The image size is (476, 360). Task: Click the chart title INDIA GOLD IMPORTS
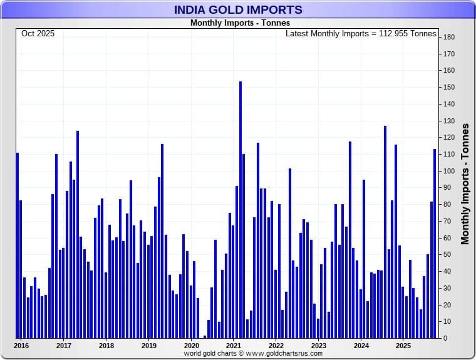click(x=237, y=10)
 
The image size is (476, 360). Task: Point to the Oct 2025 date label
click(x=38, y=34)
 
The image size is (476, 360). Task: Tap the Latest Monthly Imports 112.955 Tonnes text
click(x=361, y=34)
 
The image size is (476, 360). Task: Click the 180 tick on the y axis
click(x=448, y=38)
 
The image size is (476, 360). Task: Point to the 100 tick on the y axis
click(x=448, y=171)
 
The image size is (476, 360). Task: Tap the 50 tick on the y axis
click(x=448, y=255)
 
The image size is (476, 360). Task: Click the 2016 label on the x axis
click(x=21, y=345)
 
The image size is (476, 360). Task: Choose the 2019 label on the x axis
click(x=148, y=345)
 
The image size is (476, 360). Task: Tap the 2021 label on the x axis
click(x=234, y=345)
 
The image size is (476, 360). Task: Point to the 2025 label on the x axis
click(x=403, y=345)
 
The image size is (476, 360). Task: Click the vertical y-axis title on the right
click(x=465, y=183)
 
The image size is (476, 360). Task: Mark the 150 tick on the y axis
click(x=448, y=88)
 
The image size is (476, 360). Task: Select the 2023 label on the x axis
click(x=318, y=345)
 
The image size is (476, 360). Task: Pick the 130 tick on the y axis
click(x=448, y=121)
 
